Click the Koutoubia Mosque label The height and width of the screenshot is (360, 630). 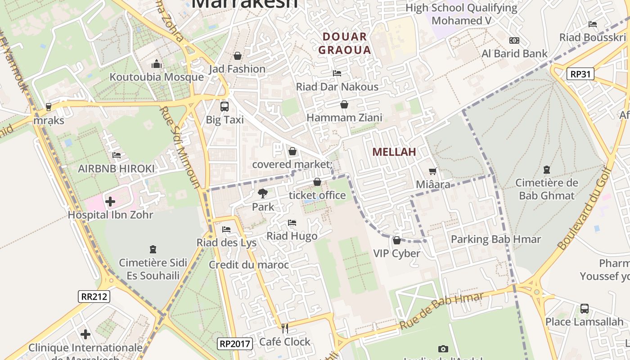157,77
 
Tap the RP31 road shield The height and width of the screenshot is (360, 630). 580,74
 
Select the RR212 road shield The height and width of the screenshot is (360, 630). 94,296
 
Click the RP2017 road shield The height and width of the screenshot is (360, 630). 234,344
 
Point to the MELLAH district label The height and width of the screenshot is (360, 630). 394,152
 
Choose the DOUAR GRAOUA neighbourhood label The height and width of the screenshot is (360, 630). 345,43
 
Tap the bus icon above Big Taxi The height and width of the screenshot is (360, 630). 224,107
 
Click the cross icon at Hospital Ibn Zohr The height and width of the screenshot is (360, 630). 110,202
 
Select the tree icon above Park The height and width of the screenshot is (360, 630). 262,193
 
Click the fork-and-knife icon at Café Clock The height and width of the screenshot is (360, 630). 284,328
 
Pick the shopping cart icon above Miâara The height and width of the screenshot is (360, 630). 433,171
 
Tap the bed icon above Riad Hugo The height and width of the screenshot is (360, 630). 292,223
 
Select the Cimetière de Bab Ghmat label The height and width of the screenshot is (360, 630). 546,189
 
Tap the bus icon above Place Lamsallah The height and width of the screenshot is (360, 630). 584,309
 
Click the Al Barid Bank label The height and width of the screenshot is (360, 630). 514,54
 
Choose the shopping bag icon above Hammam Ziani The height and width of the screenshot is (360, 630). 344,104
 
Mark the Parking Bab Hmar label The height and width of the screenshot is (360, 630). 495,239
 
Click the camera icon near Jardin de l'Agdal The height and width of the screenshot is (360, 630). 443,349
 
